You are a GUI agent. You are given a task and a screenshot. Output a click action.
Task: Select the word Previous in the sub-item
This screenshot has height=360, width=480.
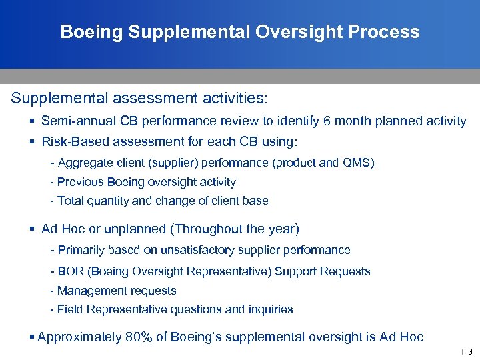(79, 182)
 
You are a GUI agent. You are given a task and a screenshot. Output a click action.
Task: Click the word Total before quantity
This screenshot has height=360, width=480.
(71, 201)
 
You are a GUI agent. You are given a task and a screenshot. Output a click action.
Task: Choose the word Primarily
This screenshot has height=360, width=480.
(81, 250)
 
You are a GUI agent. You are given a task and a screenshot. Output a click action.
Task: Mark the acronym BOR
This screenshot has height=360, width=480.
(70, 271)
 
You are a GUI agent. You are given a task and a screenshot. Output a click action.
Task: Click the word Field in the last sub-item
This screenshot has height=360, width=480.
(69, 309)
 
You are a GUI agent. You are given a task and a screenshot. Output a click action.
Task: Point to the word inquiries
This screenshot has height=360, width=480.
(269, 309)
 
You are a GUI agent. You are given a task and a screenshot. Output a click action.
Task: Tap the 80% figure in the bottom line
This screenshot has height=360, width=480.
(139, 337)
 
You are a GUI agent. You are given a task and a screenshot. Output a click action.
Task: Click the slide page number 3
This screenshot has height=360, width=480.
(470, 352)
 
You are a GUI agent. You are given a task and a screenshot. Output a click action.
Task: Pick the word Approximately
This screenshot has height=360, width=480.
(79, 337)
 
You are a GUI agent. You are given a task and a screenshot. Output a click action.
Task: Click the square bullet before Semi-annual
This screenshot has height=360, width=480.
(32, 121)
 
